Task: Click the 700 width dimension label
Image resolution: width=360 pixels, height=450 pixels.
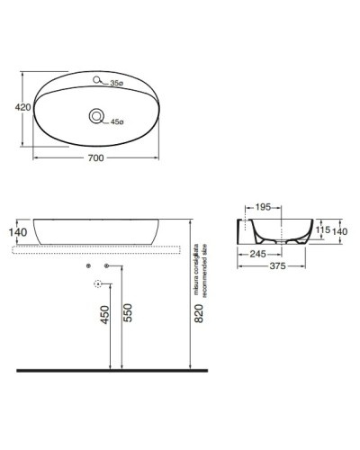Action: pos(95,158)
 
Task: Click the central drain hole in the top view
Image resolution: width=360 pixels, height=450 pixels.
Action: pos(95,116)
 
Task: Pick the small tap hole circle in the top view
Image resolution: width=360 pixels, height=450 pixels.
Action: pos(100,80)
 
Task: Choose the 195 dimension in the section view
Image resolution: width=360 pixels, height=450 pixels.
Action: pos(263,208)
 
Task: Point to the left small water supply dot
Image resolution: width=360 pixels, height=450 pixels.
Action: pos(87,266)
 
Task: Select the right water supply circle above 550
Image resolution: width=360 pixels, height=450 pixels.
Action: pos(107,266)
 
